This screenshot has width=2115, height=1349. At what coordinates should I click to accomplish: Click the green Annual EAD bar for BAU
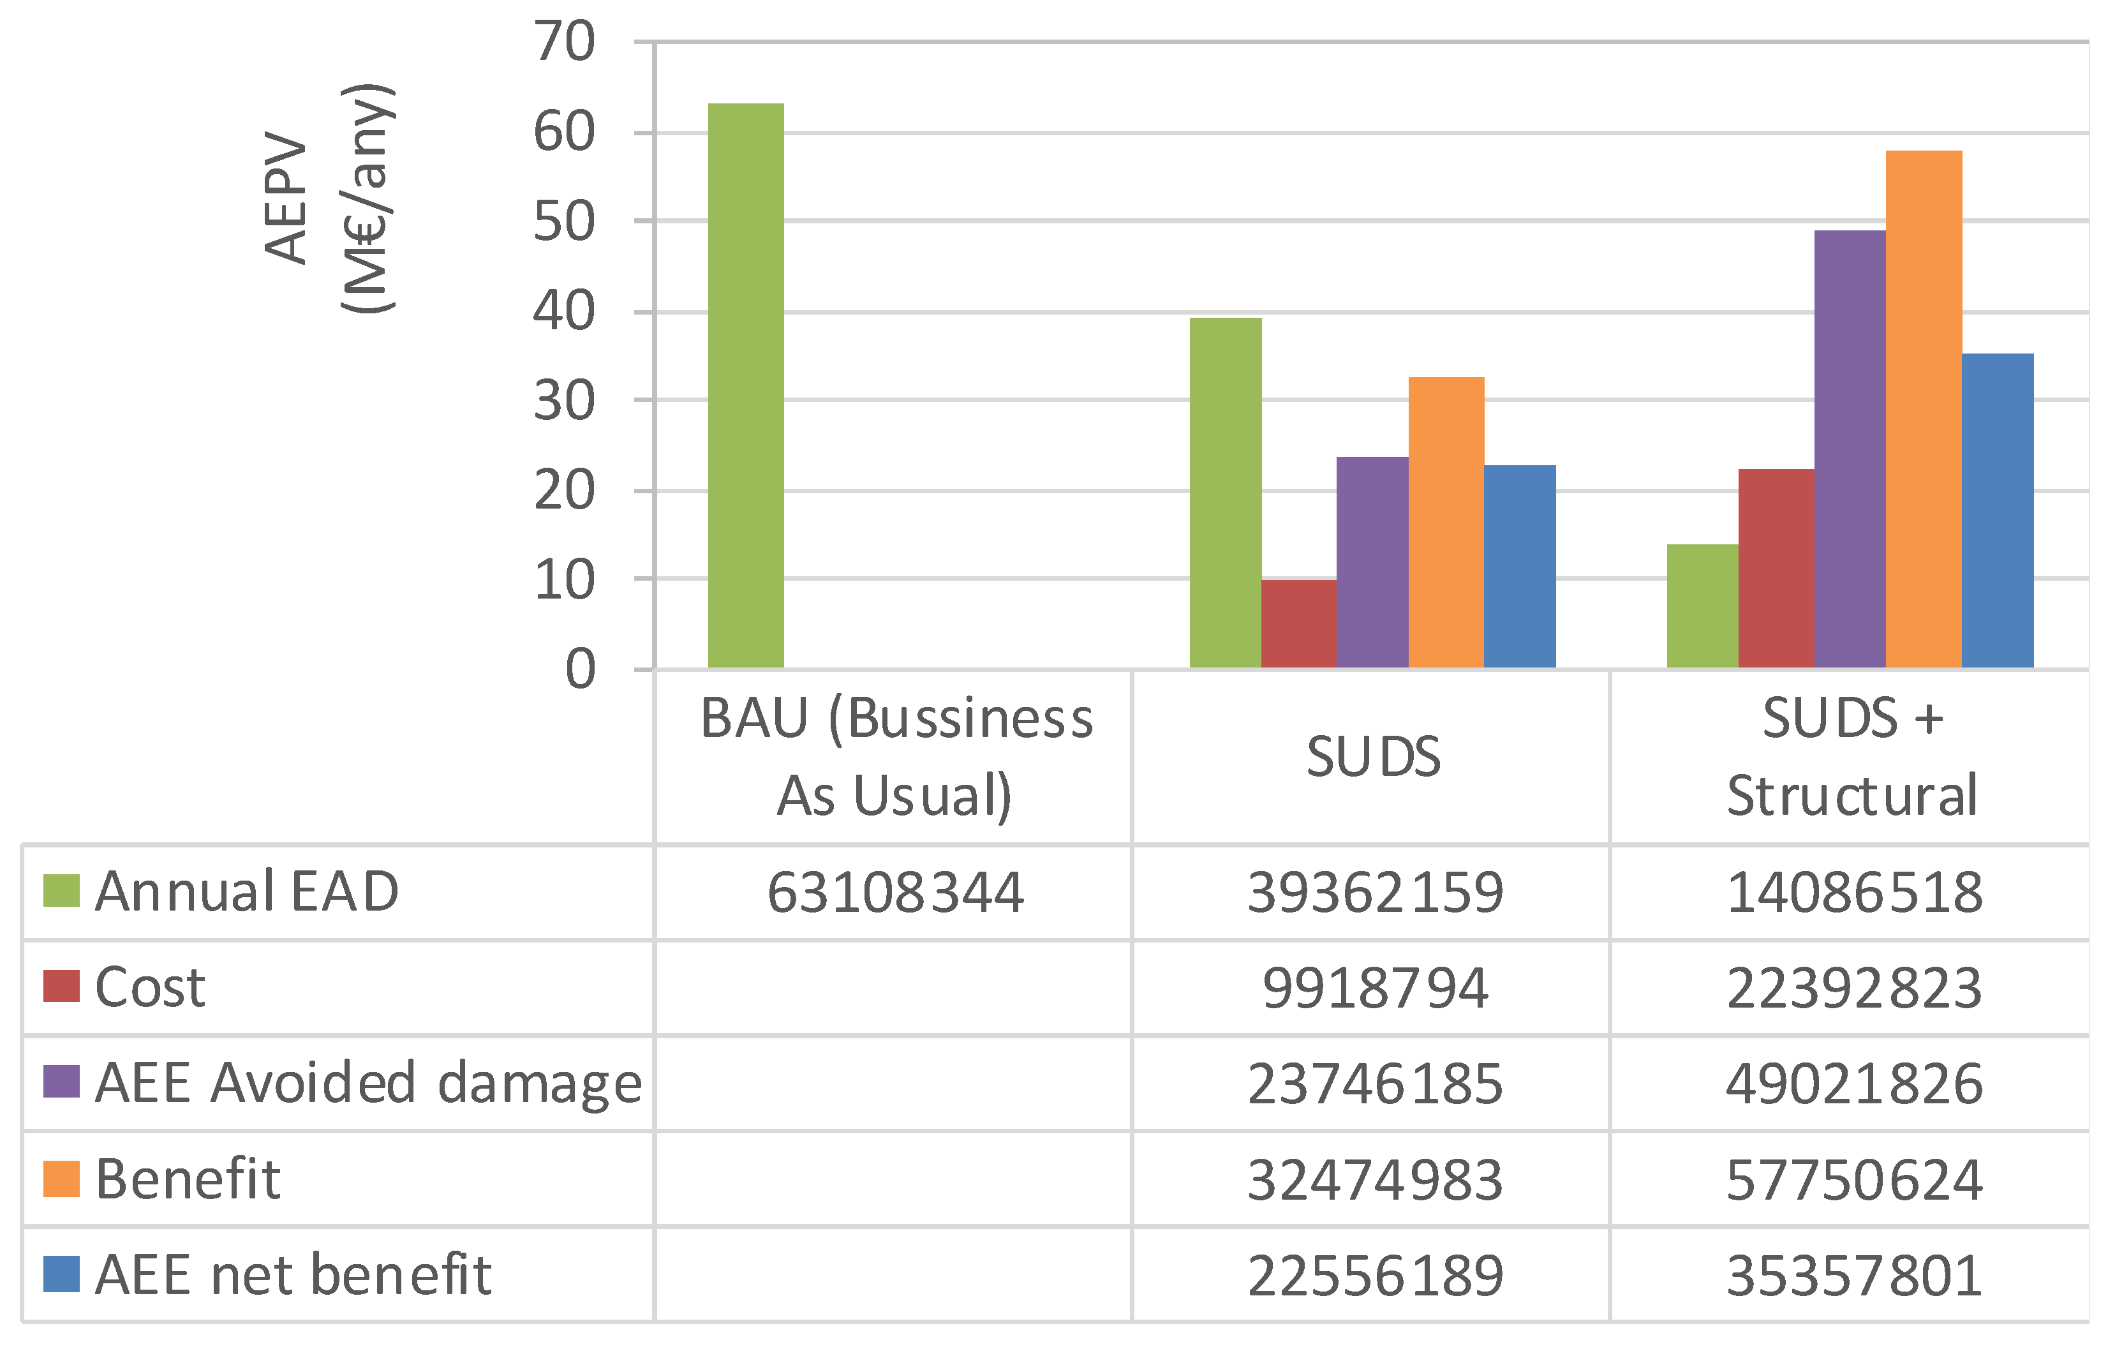(x=746, y=387)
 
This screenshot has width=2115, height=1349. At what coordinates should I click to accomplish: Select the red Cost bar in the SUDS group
(x=1298, y=623)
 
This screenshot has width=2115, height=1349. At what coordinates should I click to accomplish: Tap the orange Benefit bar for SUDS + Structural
(x=1924, y=409)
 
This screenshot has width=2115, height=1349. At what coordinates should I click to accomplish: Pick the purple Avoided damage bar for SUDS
(x=1372, y=562)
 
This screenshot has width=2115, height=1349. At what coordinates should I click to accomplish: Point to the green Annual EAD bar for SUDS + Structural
(x=1702, y=606)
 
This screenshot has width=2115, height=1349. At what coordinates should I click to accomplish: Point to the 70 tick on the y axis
(x=565, y=41)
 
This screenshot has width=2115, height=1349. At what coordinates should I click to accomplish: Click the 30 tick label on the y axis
(x=565, y=401)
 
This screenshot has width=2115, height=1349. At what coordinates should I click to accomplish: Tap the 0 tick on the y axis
(x=580, y=669)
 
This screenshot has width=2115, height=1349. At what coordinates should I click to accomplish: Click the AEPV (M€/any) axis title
(x=329, y=198)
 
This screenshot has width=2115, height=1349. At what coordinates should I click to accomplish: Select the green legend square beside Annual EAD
(x=61, y=891)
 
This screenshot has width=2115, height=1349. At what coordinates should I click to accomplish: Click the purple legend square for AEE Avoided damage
(x=61, y=1082)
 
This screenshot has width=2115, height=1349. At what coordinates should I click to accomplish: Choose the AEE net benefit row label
(x=292, y=1274)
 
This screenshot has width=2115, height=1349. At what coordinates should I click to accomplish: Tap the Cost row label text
(x=149, y=987)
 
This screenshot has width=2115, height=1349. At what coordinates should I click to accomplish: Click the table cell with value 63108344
(x=895, y=892)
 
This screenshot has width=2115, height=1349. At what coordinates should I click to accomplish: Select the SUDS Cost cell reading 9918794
(x=1374, y=988)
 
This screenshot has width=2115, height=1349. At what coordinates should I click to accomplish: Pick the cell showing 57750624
(x=1853, y=1179)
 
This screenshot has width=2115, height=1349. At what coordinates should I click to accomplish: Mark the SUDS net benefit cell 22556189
(x=1374, y=1275)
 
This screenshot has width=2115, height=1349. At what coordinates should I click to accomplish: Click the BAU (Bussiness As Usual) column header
(x=895, y=756)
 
